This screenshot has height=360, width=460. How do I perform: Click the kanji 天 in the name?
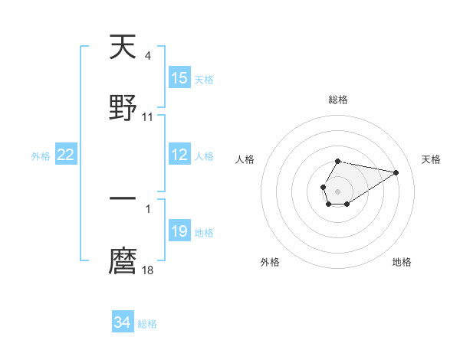(x=123, y=47)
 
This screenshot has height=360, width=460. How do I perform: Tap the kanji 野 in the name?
(x=123, y=107)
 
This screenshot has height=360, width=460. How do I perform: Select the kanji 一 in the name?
(x=123, y=199)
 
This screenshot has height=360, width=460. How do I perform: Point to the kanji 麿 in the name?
(x=123, y=260)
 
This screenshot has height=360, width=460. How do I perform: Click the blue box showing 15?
(x=179, y=78)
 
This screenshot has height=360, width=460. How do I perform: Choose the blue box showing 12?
(x=179, y=155)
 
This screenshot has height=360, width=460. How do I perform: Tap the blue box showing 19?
(x=179, y=231)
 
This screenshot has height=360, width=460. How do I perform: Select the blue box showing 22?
(x=66, y=155)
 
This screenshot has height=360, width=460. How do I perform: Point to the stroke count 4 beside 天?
(x=147, y=55)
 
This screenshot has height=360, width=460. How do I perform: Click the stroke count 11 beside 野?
(x=148, y=117)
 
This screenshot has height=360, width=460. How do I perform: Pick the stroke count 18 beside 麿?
(x=148, y=270)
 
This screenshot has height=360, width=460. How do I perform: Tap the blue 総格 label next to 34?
(x=147, y=324)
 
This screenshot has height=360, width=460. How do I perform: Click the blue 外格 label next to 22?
(x=41, y=156)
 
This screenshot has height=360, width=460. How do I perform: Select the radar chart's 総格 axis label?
(x=337, y=100)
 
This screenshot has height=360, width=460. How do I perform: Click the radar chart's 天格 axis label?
(x=432, y=159)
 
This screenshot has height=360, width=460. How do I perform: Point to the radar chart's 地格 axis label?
(x=402, y=262)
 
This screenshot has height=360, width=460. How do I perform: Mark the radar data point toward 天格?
(x=397, y=172)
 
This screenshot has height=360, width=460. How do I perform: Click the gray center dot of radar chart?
(x=337, y=191)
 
